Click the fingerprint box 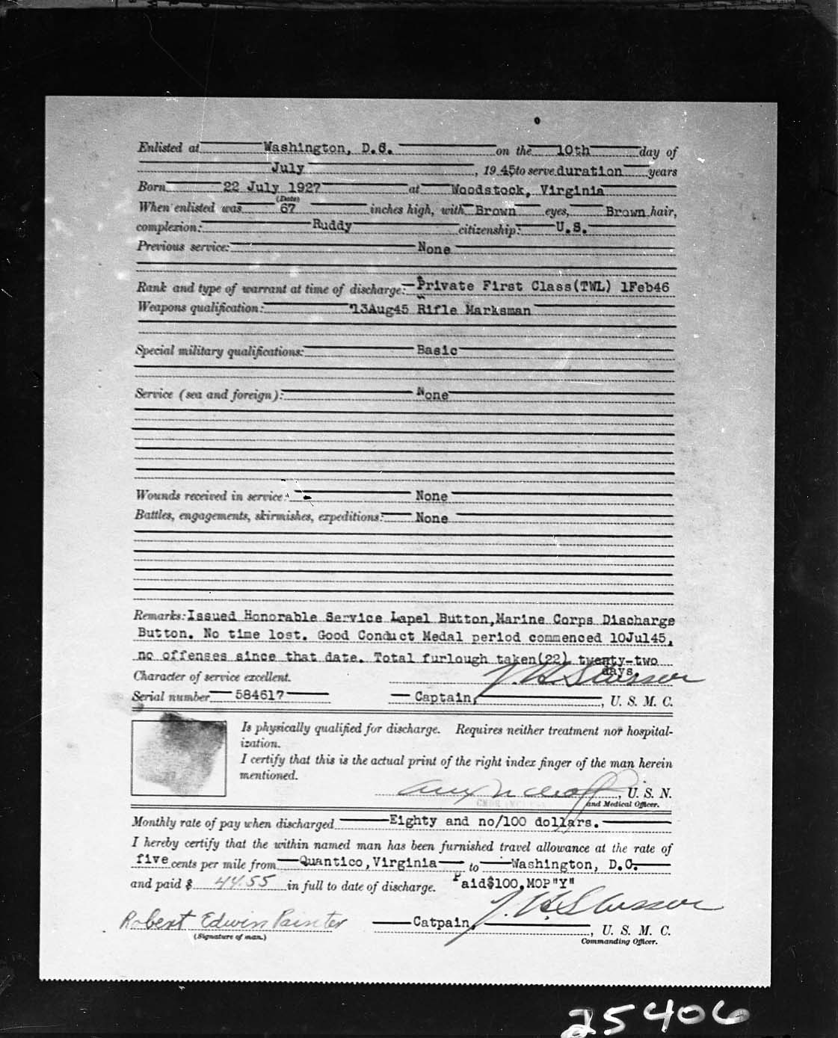click(179, 756)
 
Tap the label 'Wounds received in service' click(209, 495)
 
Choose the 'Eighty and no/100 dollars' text click(492, 821)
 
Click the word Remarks click(158, 617)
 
